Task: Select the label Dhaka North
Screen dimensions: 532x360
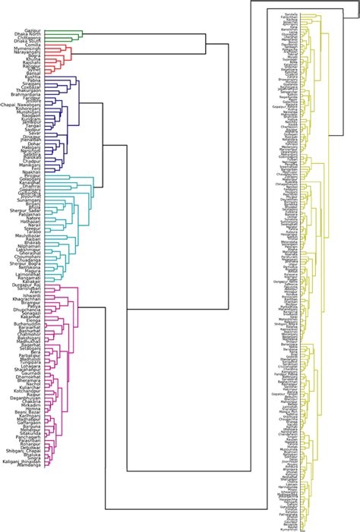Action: click(28, 34)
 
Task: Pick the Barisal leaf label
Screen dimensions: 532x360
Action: click(33, 73)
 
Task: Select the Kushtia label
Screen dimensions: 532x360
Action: click(33, 77)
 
